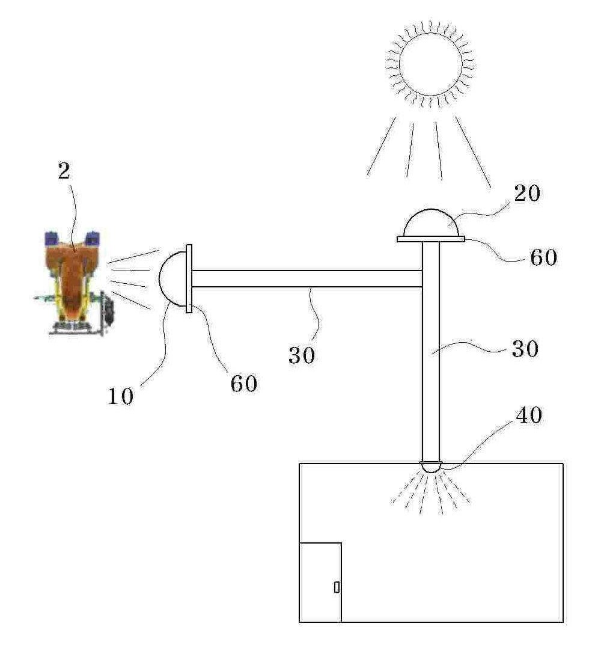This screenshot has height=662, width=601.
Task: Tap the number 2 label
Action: pyautogui.click(x=64, y=171)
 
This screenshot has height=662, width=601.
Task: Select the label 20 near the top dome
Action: pyautogui.click(x=526, y=194)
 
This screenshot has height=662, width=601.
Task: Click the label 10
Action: pyautogui.click(x=121, y=396)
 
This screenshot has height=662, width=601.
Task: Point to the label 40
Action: pyautogui.click(x=529, y=415)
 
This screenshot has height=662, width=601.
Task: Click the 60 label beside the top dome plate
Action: pyautogui.click(x=543, y=257)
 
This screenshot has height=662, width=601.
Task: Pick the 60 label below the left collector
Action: pyautogui.click(x=244, y=384)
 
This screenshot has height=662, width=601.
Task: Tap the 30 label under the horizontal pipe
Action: pyautogui.click(x=302, y=355)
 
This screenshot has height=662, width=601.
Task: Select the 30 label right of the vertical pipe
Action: pyautogui.click(x=525, y=349)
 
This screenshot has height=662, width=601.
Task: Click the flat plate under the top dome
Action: pyautogui.click(x=431, y=239)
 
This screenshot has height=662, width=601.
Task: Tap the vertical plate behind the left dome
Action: pyautogui.click(x=189, y=278)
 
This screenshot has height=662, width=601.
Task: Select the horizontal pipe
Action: pyautogui.click(x=307, y=278)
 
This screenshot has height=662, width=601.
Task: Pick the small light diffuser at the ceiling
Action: pyautogui.click(x=431, y=467)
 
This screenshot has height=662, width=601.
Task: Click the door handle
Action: pyautogui.click(x=337, y=587)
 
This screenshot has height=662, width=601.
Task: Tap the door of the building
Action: pyautogui.click(x=320, y=582)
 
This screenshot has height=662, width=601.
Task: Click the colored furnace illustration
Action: pyautogui.click(x=75, y=283)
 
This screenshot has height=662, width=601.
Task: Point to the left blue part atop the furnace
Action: pyautogui.click(x=52, y=238)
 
